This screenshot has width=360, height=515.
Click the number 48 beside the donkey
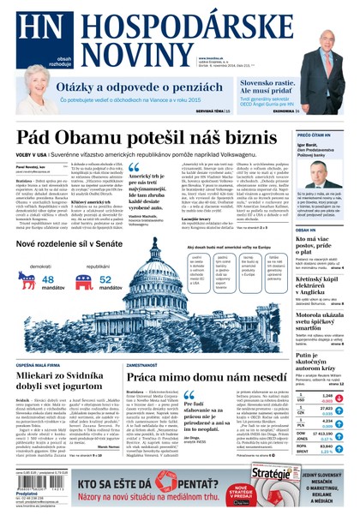(x=48, y=278)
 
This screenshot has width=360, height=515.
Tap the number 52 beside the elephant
(x=105, y=278)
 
